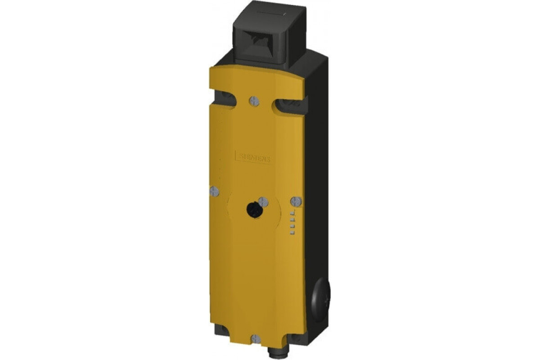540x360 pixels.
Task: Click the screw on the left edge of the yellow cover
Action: [214, 191]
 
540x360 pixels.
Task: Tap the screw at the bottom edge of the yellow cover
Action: [255, 339]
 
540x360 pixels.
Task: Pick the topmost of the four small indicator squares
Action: [292, 211]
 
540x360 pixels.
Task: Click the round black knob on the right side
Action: [320, 297]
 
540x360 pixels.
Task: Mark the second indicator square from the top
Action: [292, 219]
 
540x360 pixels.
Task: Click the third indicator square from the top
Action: [292, 226]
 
